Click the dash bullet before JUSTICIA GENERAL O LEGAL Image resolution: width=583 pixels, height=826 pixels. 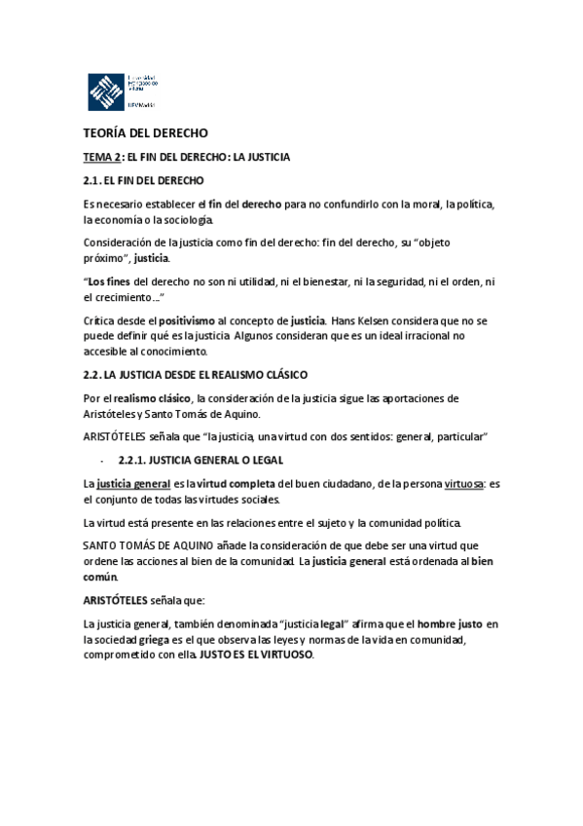click(102, 460)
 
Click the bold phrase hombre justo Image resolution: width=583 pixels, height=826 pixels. click(450, 622)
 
